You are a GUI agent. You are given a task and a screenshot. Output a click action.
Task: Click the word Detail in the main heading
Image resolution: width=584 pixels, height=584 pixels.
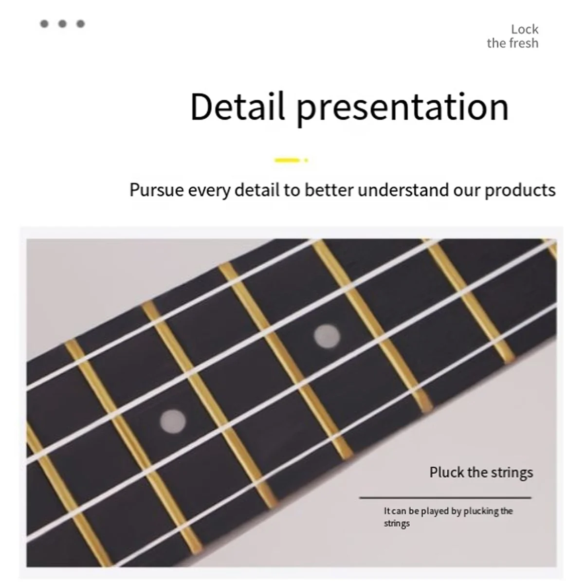click(237, 107)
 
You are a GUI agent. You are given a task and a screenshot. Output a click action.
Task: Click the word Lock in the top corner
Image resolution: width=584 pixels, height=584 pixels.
click(525, 29)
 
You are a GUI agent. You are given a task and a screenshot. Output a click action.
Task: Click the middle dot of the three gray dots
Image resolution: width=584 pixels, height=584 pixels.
click(62, 23)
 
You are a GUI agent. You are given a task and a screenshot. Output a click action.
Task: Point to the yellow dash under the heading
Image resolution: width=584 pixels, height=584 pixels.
click(287, 160)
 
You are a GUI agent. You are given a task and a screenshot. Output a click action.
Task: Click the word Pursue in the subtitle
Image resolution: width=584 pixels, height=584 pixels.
click(156, 190)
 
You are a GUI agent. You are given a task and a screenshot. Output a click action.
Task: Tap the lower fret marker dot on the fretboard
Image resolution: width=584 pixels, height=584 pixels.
click(173, 420)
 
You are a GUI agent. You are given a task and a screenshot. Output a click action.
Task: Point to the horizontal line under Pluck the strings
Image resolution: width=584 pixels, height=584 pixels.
click(445, 498)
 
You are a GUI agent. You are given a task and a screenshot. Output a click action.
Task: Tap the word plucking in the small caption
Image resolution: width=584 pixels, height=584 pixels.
click(481, 511)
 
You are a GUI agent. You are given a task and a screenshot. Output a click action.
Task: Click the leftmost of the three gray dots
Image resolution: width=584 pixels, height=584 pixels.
click(44, 23)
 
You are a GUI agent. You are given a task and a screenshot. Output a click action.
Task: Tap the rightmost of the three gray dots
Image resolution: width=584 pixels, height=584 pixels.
click(81, 23)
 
